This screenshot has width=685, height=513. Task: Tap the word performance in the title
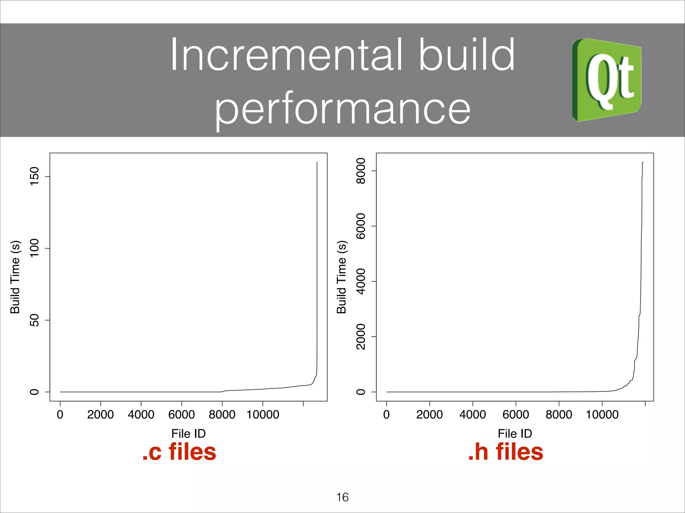tap(342, 109)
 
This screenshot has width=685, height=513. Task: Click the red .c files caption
tap(179, 452)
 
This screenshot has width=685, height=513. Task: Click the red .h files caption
tap(506, 452)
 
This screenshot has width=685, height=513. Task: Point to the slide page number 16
tap(342, 497)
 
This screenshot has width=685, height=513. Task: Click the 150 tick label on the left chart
tap(34, 176)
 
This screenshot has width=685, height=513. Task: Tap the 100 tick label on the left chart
tap(34, 248)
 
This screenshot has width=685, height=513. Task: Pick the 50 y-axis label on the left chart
tap(34, 320)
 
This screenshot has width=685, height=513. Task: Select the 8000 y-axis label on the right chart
tap(361, 171)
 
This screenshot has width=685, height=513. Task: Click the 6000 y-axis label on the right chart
tap(361, 226)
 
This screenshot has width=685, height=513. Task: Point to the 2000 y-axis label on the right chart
tap(361, 337)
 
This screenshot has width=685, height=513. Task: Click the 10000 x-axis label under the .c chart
tap(263, 414)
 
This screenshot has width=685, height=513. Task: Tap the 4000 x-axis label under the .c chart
tap(141, 414)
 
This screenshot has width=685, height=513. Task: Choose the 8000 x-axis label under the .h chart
tap(559, 414)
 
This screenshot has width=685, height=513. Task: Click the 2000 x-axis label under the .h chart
tap(429, 414)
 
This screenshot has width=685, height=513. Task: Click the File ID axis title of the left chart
tap(189, 434)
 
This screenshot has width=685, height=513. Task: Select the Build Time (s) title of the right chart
tap(341, 277)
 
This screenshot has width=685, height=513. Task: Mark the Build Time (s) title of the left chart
tap(15, 277)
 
